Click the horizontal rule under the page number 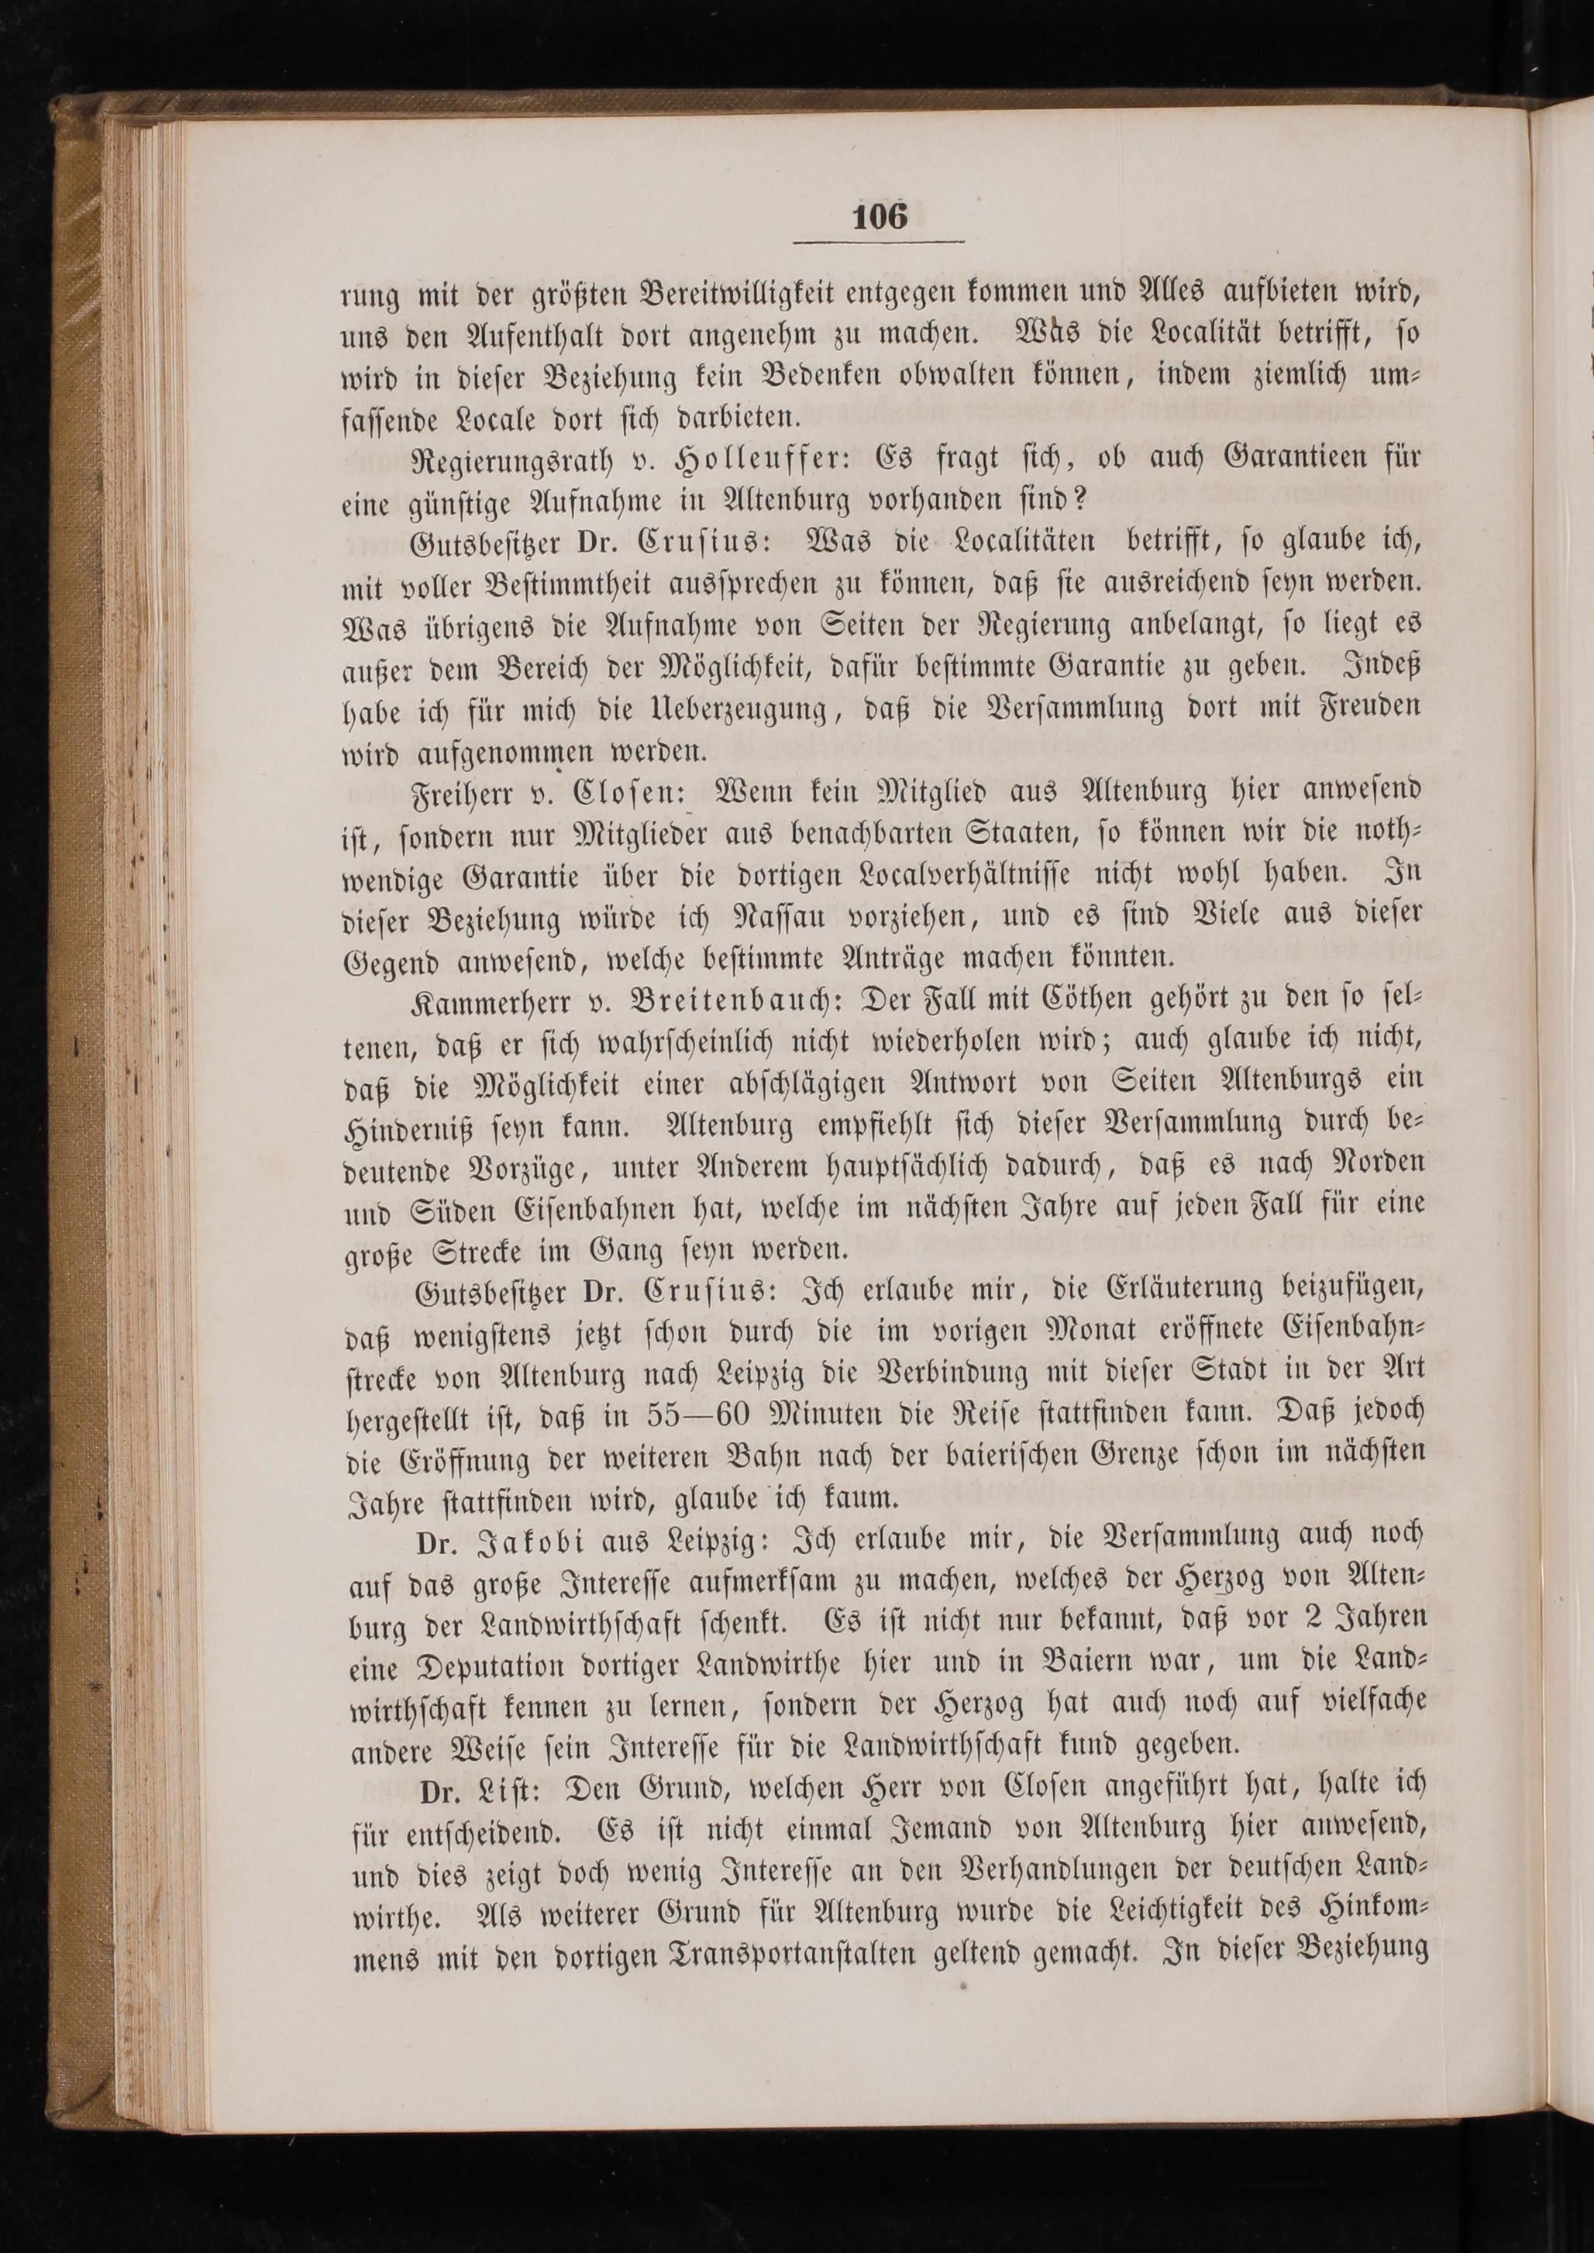click(880, 243)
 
